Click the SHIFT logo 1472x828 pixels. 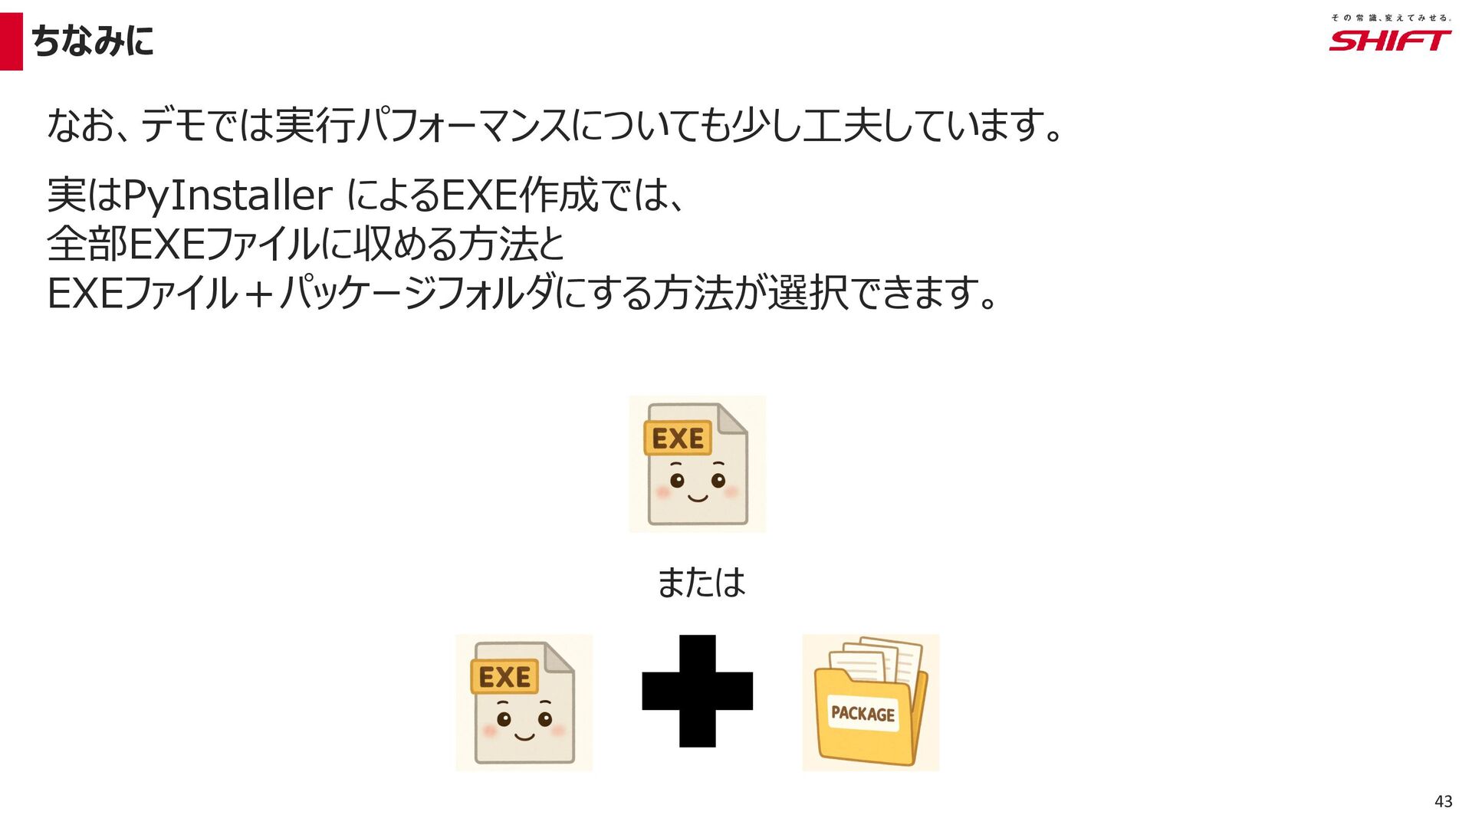(1389, 41)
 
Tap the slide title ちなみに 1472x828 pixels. (92, 41)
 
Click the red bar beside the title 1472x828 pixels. (11, 41)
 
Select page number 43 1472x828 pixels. (1443, 801)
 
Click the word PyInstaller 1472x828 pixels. (227, 195)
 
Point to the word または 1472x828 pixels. (701, 583)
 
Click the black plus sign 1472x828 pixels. (697, 691)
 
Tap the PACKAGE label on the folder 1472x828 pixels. (863, 714)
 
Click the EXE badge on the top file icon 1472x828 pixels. (678, 439)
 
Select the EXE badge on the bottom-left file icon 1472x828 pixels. (504, 677)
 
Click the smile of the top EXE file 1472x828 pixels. (698, 499)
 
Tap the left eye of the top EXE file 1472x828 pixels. (677, 481)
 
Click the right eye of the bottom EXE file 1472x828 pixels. (545, 719)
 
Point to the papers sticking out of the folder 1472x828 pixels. (882, 658)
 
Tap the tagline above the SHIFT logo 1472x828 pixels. (1390, 17)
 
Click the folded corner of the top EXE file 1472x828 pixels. (732, 419)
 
